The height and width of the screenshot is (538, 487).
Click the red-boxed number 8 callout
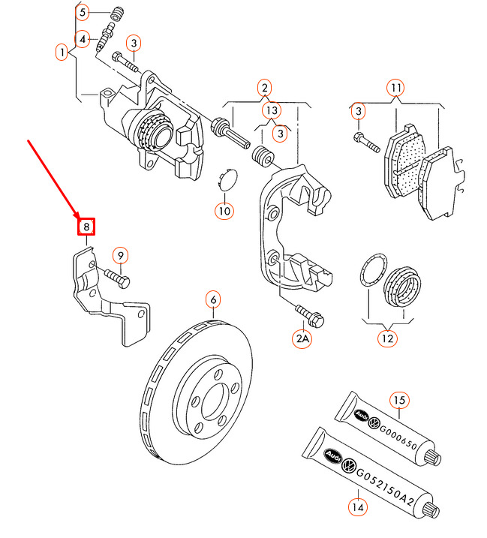86,227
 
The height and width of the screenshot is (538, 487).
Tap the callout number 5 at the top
83,13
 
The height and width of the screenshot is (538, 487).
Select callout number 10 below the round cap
224,211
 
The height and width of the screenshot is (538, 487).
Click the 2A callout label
302,338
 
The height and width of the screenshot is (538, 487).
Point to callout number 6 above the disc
213,299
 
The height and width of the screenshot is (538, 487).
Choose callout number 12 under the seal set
387,338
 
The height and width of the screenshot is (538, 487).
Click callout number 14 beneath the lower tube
358,506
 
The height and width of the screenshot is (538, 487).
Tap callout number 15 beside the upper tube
399,400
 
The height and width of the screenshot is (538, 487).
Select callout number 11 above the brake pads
395,88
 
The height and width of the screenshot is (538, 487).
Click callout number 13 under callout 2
272,110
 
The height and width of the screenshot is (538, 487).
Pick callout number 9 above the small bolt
121,256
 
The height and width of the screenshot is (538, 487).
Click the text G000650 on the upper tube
398,437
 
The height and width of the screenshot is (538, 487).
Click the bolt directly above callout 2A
310,316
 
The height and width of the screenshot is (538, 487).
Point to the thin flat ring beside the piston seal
374,269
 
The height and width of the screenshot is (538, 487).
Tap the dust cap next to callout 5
117,13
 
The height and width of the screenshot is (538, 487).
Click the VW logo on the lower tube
349,466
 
